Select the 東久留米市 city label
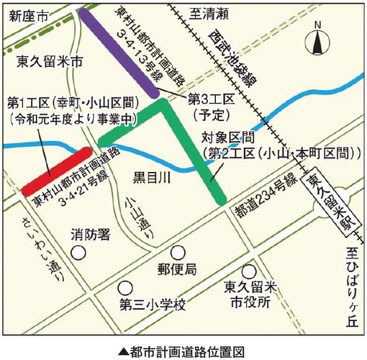[x=45, y=63]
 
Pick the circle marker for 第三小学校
[x=127, y=286]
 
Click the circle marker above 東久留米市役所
[x=249, y=272]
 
